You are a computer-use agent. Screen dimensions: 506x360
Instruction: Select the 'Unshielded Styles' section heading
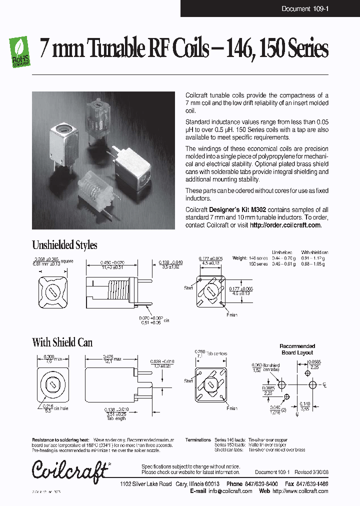tap(64, 245)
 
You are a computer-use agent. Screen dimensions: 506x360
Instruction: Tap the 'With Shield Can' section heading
tap(62, 342)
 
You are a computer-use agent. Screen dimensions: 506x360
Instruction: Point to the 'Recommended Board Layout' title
tap(297, 349)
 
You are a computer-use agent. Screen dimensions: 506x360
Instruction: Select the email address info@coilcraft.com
tap(229, 491)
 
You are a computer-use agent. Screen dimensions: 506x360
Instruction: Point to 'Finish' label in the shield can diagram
tap(231, 408)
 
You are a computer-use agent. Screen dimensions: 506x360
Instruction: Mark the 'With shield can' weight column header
tap(313, 252)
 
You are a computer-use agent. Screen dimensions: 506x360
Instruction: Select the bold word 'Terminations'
tap(198, 440)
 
